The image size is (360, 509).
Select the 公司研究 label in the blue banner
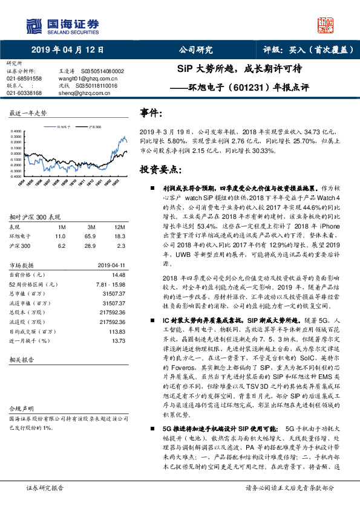pyautogui.click(x=195, y=50)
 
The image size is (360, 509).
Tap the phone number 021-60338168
pyautogui.click(x=24, y=93)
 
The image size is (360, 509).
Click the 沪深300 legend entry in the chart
pyautogui.click(x=94, y=128)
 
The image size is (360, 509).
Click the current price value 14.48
pyautogui.click(x=110, y=273)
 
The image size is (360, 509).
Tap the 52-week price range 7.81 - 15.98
pyautogui.click(x=102, y=284)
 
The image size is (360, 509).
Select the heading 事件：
pyautogui.click(x=151, y=113)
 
